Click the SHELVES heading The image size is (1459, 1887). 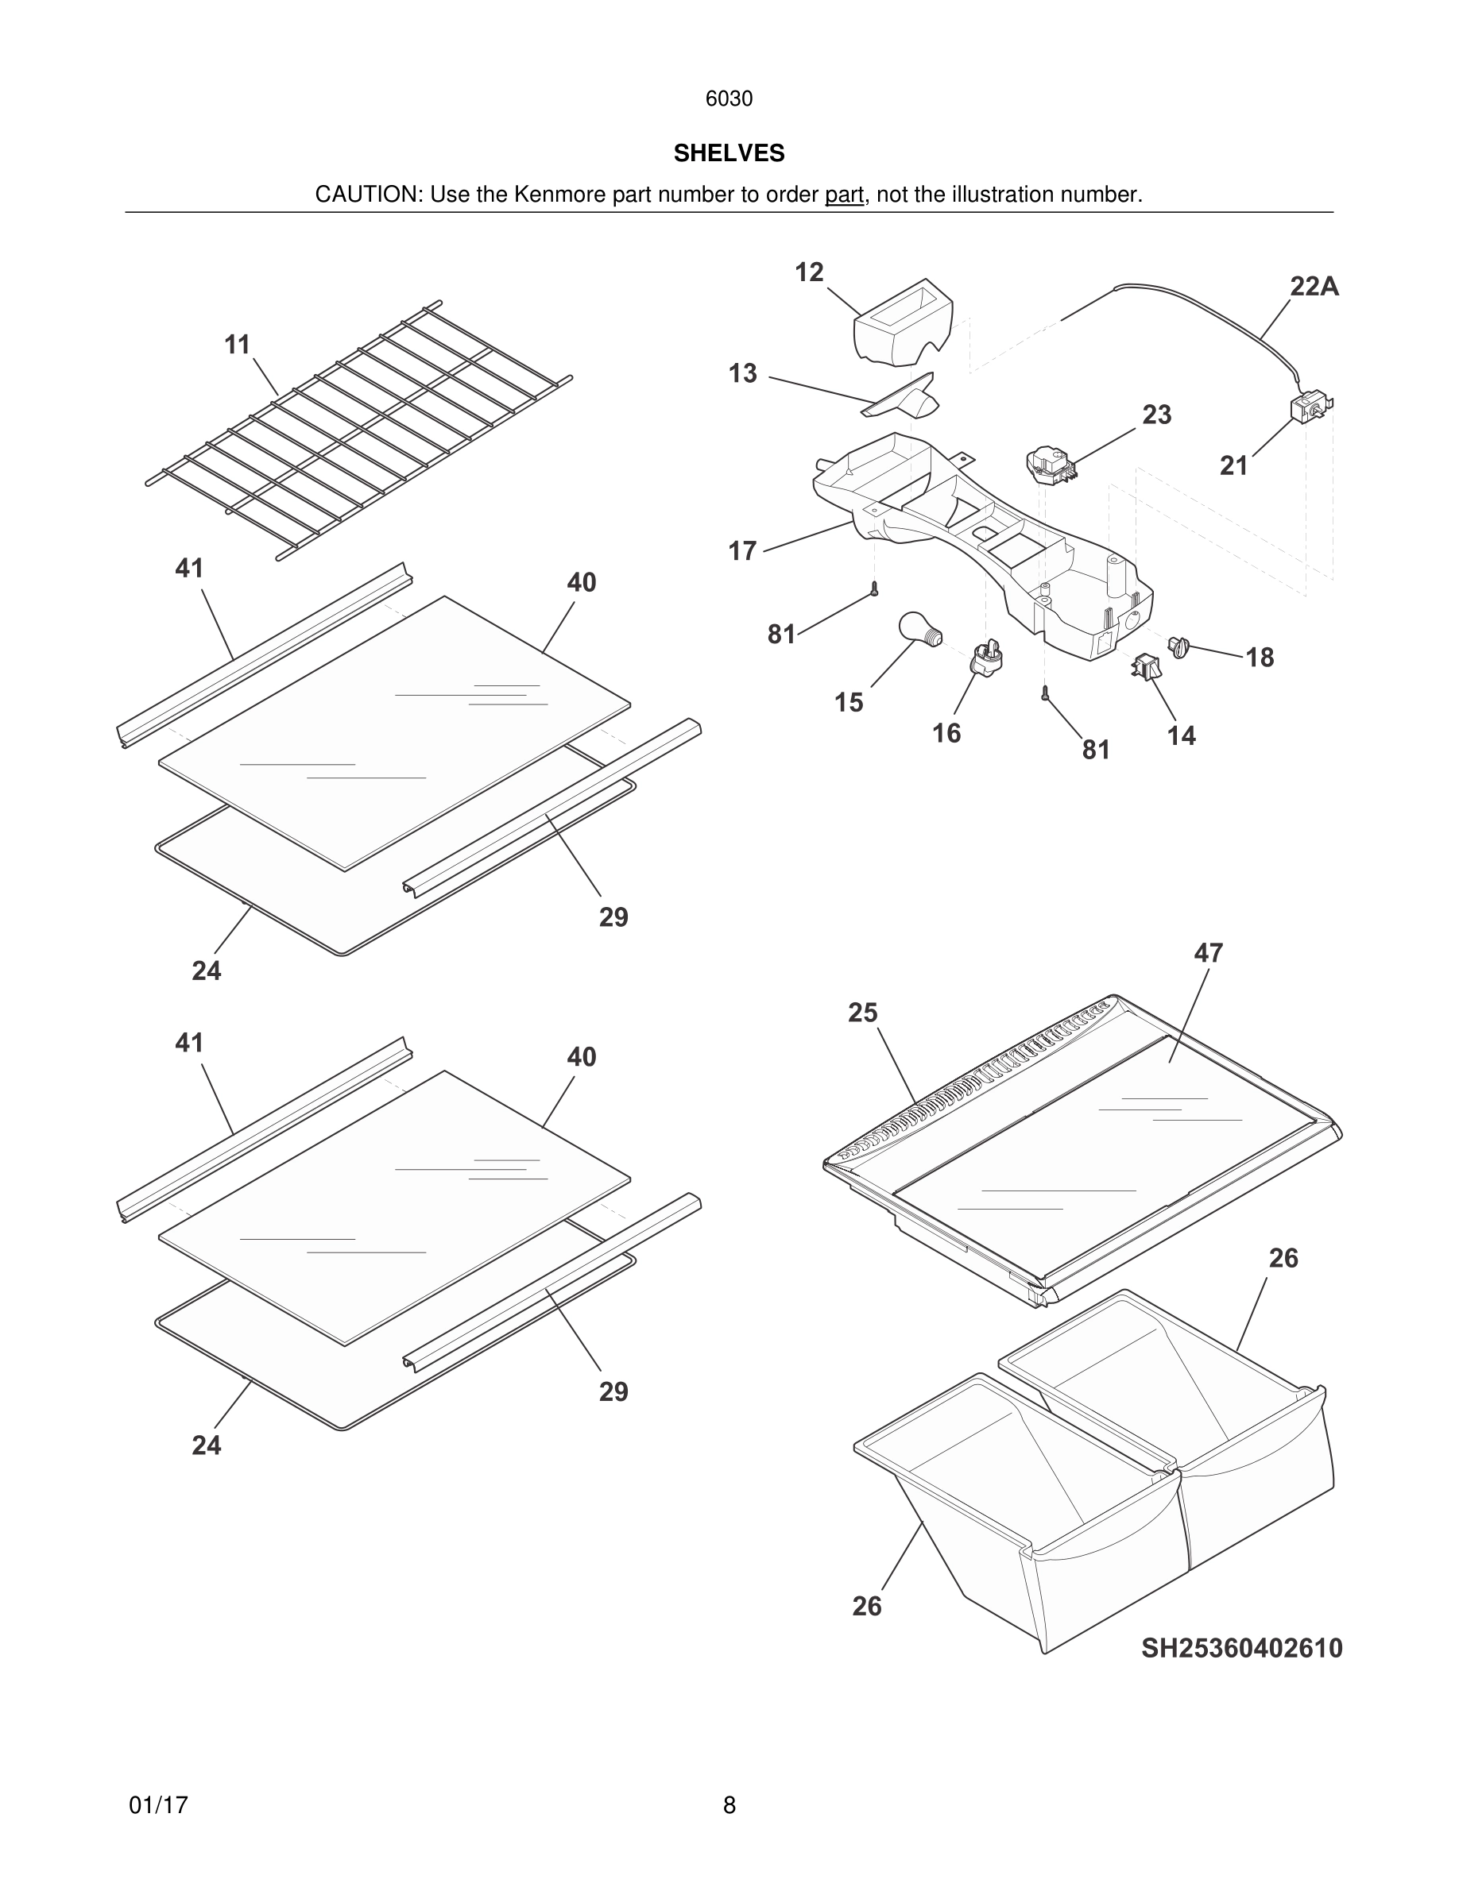click(729, 153)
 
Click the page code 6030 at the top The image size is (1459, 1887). click(729, 98)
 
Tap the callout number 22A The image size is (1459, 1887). click(1314, 286)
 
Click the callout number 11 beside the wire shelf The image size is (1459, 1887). click(237, 345)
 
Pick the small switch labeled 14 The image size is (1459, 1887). click(1146, 667)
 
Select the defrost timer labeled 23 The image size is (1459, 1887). click(1048, 465)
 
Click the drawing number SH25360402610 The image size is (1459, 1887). click(1241, 1648)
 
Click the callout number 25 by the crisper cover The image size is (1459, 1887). click(861, 1012)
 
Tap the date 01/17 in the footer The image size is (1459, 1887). click(158, 1805)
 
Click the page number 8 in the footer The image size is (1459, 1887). click(729, 1805)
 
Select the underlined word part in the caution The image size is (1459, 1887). click(844, 195)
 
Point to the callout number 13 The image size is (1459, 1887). click(741, 373)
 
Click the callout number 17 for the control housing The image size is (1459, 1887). click(741, 550)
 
